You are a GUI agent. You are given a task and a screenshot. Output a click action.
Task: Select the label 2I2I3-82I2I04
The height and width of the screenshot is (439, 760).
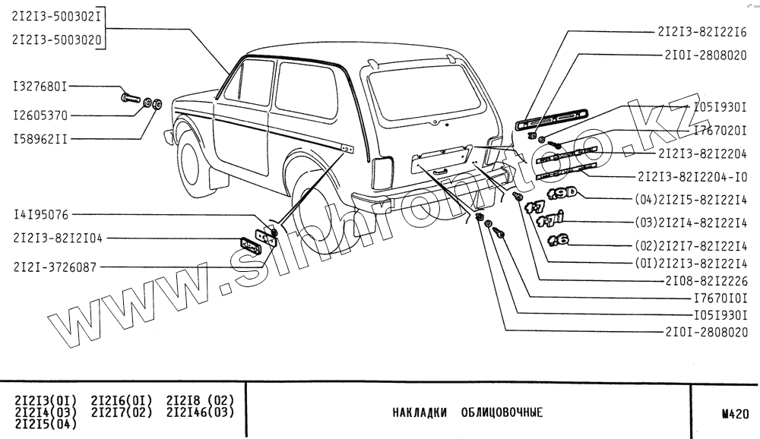tap(58, 238)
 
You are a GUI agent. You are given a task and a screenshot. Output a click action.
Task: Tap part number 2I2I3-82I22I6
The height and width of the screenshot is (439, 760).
tap(703, 32)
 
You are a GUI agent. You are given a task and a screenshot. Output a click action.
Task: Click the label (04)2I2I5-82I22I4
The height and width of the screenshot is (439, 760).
tap(691, 200)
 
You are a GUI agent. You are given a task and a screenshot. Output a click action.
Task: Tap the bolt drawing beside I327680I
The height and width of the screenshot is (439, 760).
tap(131, 97)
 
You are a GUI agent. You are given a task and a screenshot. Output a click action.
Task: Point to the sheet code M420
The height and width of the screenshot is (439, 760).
tap(736, 414)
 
